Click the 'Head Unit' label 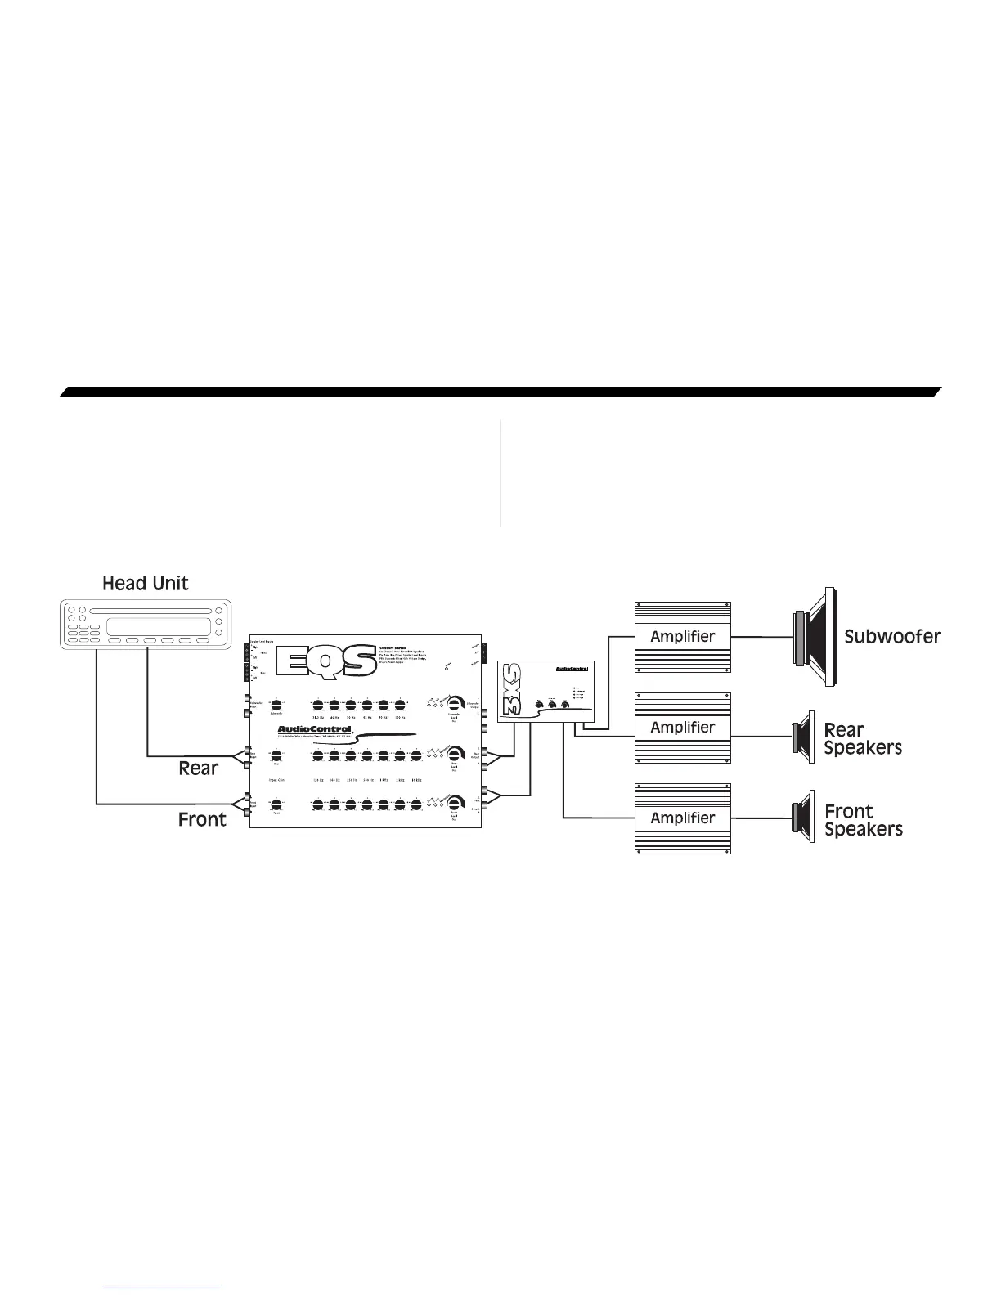click(145, 584)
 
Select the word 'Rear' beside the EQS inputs click(198, 768)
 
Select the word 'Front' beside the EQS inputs click(202, 819)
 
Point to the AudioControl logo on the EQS click(315, 729)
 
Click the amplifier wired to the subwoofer click(682, 637)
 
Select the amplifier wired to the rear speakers click(682, 728)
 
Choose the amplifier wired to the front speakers click(682, 818)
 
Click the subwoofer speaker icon click(815, 637)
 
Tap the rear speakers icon click(803, 737)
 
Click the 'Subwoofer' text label click(892, 637)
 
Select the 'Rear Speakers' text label click(862, 739)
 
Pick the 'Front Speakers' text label click(863, 821)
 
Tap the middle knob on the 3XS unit click(552, 704)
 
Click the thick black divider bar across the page click(500, 392)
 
